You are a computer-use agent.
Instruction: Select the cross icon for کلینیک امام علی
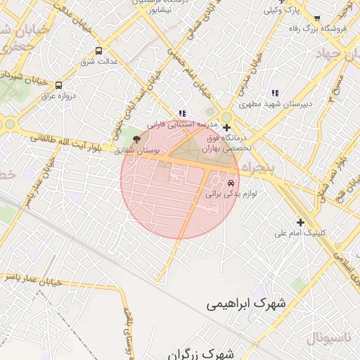pyautogui.click(x=300, y=222)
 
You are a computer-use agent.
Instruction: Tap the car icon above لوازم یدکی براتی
pyautogui.click(x=231, y=183)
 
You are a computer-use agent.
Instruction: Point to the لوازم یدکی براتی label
pyautogui.click(x=231, y=192)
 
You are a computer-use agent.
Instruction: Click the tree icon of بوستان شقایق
pyautogui.click(x=136, y=139)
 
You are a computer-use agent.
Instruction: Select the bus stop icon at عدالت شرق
pyautogui.click(x=98, y=51)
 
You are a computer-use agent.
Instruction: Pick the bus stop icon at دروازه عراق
pyautogui.click(x=58, y=85)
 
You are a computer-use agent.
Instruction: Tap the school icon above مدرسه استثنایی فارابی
pyautogui.click(x=182, y=113)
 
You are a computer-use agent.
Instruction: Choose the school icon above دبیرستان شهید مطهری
pyautogui.click(x=275, y=93)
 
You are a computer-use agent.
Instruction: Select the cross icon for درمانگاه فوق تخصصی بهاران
pyautogui.click(x=226, y=127)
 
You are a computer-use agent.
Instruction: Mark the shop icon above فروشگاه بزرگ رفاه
pyautogui.click(x=317, y=18)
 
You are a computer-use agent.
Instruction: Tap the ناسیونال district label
pyautogui.click(x=328, y=338)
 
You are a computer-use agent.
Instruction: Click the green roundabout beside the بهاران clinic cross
pyautogui.click(x=226, y=117)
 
